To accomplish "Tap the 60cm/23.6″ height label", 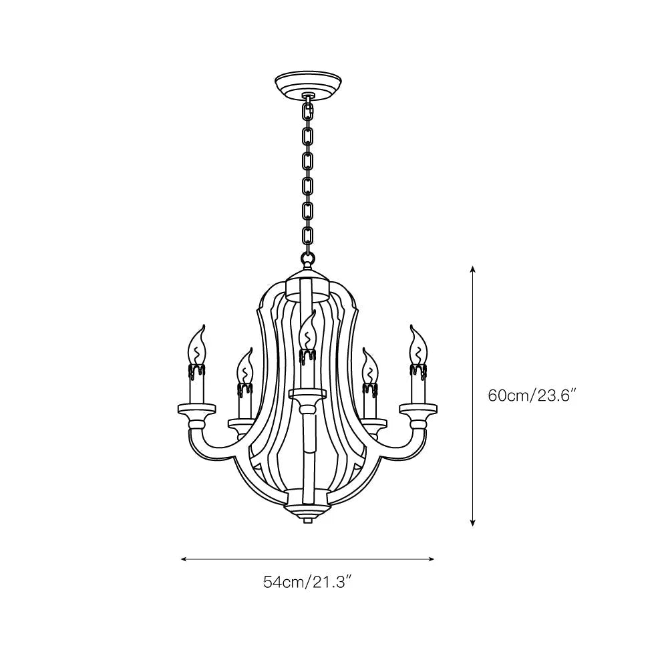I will [532, 395].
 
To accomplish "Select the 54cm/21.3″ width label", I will [307, 582].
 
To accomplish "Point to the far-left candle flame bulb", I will [198, 344].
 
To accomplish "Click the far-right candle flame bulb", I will [417, 344].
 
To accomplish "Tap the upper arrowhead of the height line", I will [473, 269].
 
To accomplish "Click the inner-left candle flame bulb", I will [245, 366].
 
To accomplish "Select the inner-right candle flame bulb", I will [369, 366].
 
